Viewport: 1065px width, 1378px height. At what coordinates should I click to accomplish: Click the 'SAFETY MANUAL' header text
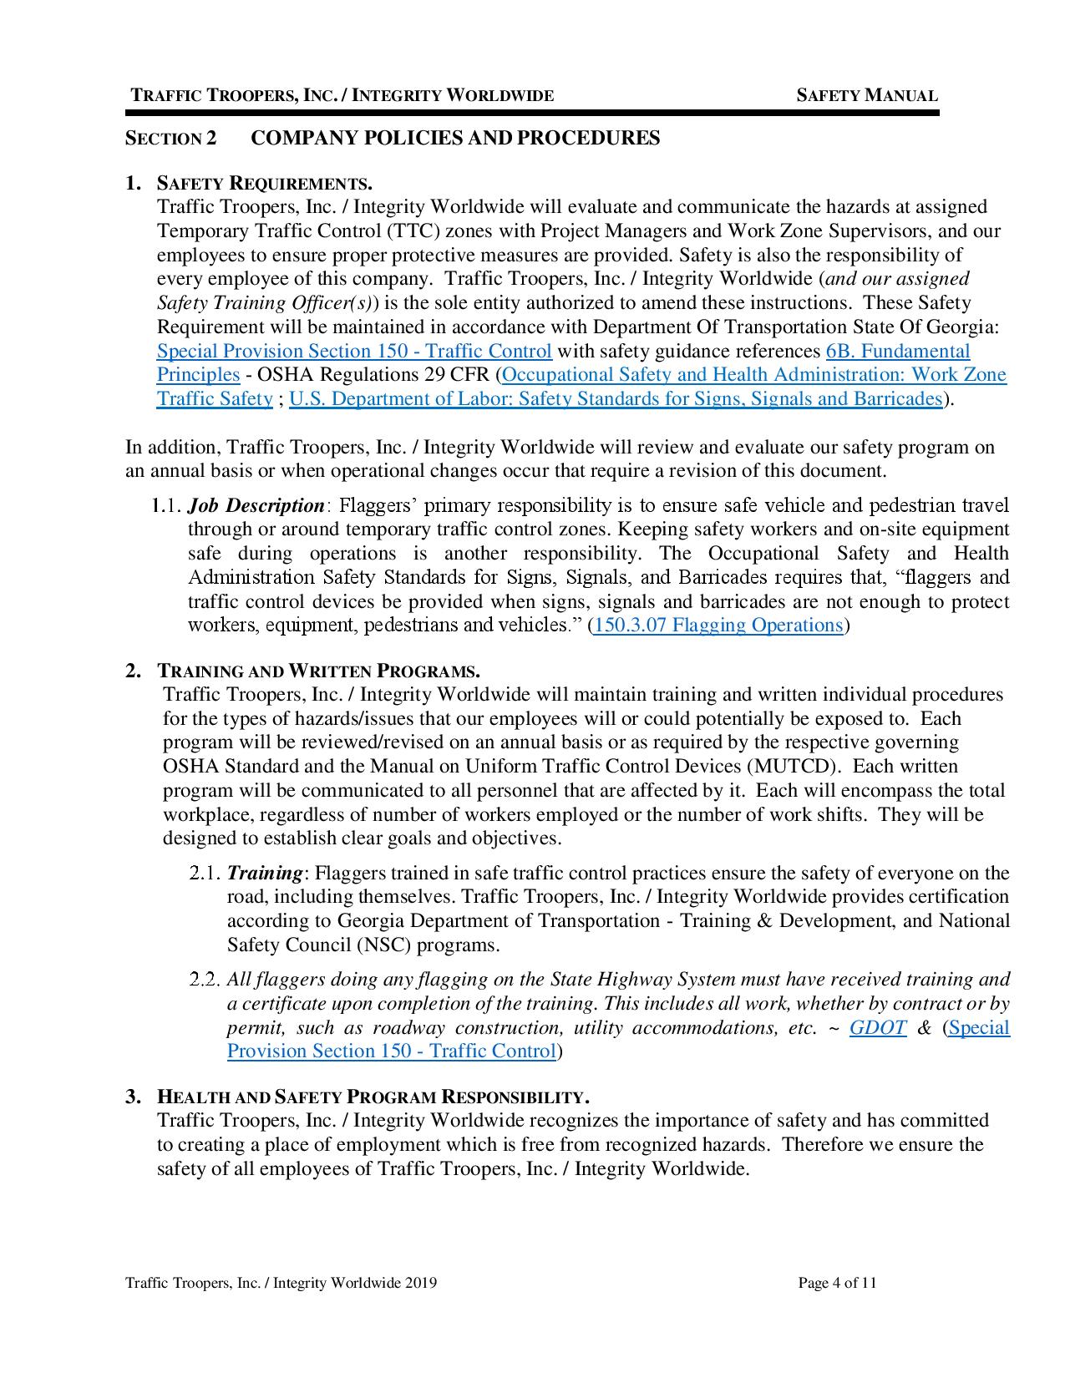(866, 95)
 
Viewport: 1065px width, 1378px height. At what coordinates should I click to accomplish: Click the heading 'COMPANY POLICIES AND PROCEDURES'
(455, 138)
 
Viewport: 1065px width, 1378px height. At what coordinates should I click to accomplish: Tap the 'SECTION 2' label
(170, 139)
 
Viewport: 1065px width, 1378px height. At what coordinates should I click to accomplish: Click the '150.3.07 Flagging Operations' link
(718, 626)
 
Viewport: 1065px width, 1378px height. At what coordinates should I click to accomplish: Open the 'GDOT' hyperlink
(877, 1027)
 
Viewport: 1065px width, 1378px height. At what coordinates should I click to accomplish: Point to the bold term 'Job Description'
(256, 505)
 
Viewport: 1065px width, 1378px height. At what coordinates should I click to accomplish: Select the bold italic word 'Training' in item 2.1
(264, 873)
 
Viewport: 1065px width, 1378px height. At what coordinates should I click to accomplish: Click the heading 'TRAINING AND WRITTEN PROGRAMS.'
(318, 671)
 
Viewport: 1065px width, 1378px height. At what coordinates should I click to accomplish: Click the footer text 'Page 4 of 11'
(837, 1284)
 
